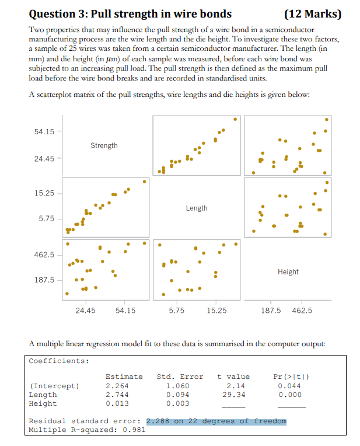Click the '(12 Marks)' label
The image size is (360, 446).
(312, 14)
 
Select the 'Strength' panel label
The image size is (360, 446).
(104, 145)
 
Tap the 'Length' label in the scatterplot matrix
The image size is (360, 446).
(197, 208)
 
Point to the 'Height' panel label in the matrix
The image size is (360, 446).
(288, 271)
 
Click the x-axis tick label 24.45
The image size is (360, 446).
(85, 311)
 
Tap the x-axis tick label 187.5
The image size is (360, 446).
(270, 311)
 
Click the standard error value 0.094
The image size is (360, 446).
(177, 395)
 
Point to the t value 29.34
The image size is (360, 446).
(235, 395)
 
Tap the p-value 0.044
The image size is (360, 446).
(291, 386)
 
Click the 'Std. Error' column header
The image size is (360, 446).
(180, 377)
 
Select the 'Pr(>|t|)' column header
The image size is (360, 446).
(291, 377)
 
